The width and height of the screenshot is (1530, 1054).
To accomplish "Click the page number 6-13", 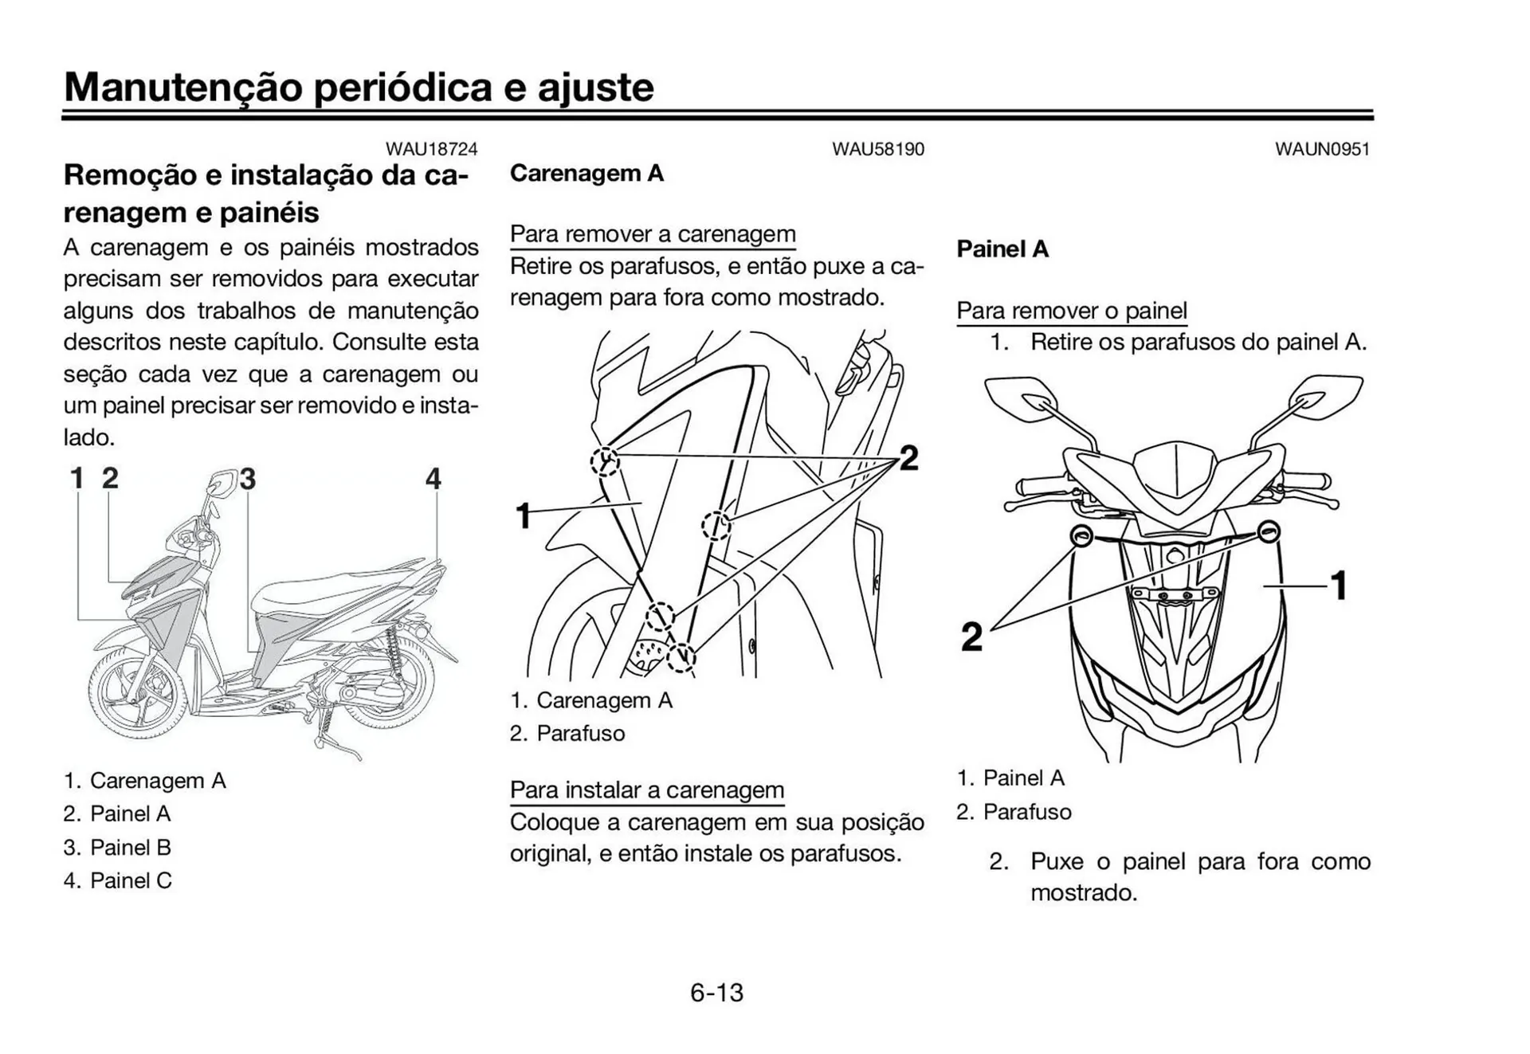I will (x=716, y=993).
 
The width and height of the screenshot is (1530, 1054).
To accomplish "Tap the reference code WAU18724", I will (x=431, y=149).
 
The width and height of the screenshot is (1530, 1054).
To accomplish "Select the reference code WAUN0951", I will (x=1322, y=149).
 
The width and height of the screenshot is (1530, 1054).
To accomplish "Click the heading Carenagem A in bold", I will (x=586, y=174).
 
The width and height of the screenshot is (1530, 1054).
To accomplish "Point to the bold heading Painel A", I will (x=1002, y=249).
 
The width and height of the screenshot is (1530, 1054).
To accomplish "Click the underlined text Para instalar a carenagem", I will (x=647, y=790).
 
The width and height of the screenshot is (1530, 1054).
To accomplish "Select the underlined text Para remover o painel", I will (x=1072, y=311).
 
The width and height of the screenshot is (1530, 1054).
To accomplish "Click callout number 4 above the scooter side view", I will (x=433, y=479).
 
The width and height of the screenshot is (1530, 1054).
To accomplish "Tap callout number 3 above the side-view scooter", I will (x=248, y=479).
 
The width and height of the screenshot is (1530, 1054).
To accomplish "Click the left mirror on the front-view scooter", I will (x=1018, y=398).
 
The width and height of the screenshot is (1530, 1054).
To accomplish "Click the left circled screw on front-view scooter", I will (x=1081, y=535).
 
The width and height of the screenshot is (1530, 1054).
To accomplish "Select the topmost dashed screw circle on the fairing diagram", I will (x=606, y=460).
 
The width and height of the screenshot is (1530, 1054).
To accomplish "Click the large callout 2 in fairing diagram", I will (x=908, y=458).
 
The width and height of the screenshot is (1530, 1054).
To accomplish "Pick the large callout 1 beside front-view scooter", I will (x=1340, y=586).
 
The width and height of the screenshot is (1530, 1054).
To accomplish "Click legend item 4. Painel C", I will (x=118, y=881).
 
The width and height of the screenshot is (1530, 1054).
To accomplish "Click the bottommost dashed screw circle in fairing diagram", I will (x=681, y=657).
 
